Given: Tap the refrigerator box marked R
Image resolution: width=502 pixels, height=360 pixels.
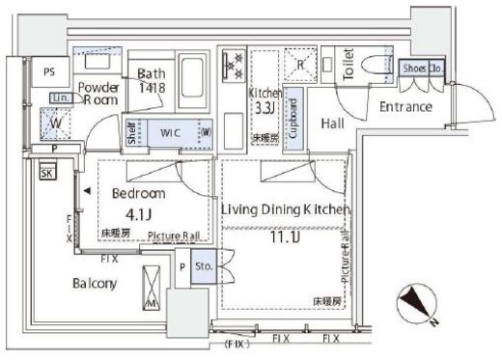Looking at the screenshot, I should (301, 66).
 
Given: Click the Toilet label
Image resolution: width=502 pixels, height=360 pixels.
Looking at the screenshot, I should (352, 69).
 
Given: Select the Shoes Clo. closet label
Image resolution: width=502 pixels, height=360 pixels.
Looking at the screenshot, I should (421, 69).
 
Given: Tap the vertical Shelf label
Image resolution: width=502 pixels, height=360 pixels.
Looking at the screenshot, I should (132, 134).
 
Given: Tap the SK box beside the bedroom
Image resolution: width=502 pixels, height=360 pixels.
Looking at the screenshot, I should (46, 174).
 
